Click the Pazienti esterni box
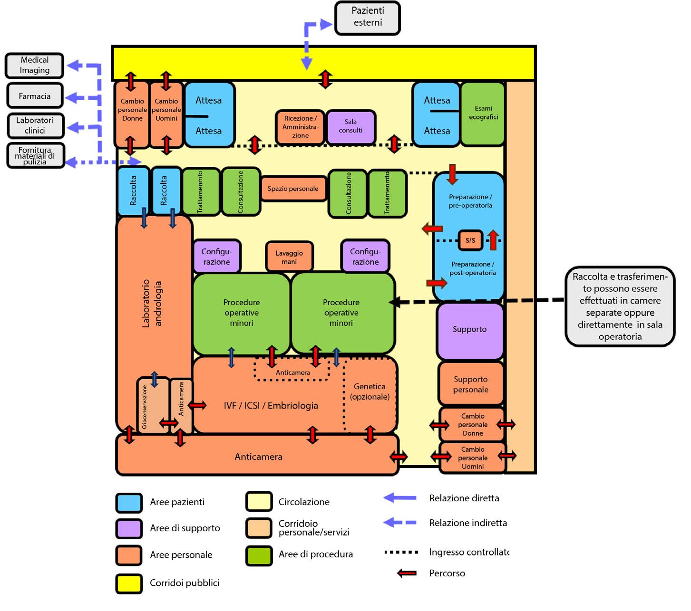pos(367,18)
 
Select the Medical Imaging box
pos(34,66)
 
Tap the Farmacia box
pos(35,96)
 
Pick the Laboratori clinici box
pos(35,125)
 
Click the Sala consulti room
pos(350,126)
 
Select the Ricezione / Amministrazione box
pos(300,127)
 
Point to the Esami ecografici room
pos(483,113)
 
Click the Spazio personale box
pos(293,189)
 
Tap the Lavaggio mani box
pos(289,257)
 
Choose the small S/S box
pos(470,240)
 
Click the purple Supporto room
pos(470,330)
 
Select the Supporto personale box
pos(470,384)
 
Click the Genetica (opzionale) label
pos(370,391)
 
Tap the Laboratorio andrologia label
pos(152,303)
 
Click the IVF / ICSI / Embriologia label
pos(271,405)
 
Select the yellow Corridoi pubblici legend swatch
pos(129,583)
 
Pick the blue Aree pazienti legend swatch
pos(129,503)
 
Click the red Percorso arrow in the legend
pos(407,573)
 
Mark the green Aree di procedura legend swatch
pos(259,555)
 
